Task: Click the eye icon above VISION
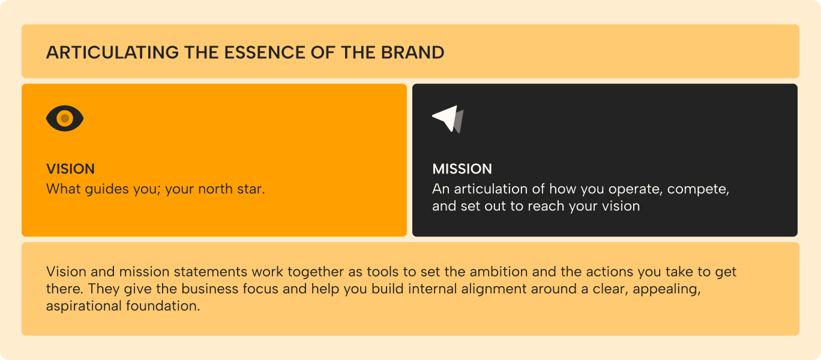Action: tap(65, 118)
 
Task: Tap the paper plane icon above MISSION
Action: tap(448, 119)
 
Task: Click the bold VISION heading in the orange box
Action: tap(70, 169)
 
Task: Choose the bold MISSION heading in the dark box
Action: tap(462, 169)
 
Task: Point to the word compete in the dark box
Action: tap(696, 190)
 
